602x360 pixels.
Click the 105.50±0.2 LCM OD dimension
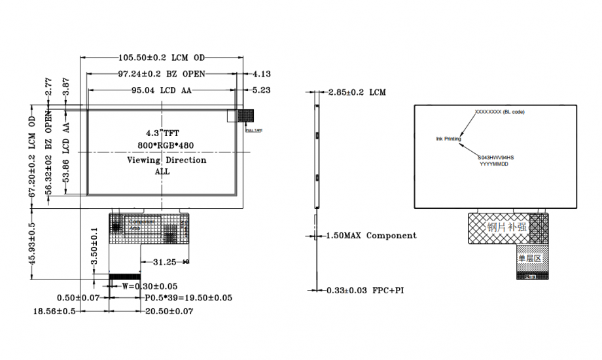(162, 58)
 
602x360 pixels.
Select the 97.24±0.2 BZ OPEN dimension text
(162, 73)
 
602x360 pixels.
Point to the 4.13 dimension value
(261, 74)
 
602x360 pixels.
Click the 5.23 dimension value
(261, 90)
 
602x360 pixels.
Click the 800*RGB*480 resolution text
(166, 145)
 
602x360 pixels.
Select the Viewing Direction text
(166, 160)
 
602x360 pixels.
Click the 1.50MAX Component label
(370, 236)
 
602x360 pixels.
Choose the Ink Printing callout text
(448, 139)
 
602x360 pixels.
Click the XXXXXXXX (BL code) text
(499, 112)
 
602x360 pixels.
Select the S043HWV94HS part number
(495, 158)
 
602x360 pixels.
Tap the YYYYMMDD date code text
(495, 164)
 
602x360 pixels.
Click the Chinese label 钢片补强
(506, 228)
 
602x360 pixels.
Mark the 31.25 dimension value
(165, 262)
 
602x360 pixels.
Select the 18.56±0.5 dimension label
(55, 312)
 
